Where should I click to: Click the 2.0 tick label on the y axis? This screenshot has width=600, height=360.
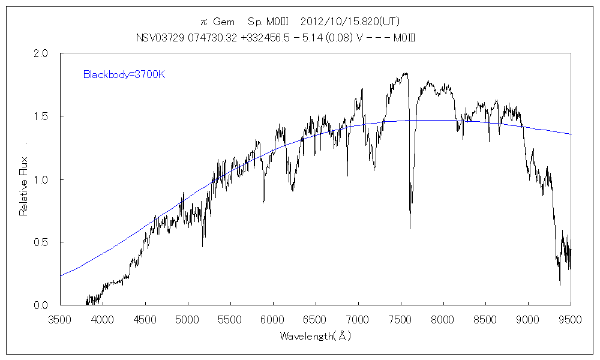[x=41, y=53]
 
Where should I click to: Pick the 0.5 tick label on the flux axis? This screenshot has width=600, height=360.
[x=41, y=242]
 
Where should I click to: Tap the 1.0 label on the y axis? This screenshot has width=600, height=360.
[x=41, y=179]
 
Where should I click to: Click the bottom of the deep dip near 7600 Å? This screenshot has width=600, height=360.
[x=410, y=228]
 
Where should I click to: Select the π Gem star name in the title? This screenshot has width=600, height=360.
[x=217, y=22]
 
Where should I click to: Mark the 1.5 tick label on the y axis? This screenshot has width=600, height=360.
[x=41, y=116]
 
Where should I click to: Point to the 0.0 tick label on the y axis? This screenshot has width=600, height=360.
[x=41, y=305]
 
